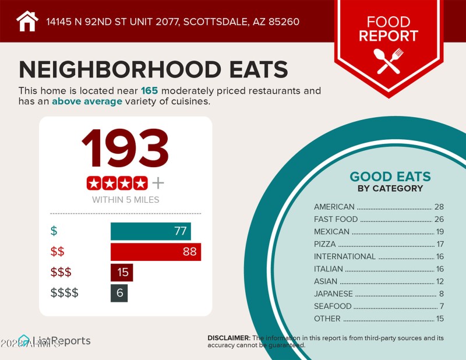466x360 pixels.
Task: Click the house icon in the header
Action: pos(27,21)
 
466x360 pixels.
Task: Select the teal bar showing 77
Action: pos(150,231)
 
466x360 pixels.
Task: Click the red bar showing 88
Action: pos(156,252)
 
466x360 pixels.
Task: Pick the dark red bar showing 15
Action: pos(122,272)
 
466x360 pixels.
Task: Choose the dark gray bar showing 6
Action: pos(119,292)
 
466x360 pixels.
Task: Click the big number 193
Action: pos(125,149)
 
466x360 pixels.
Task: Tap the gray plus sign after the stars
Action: pos(158,183)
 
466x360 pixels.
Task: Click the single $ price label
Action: pos(54,231)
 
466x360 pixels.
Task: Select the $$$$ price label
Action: pos(65,292)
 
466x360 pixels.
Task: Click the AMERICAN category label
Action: pos(334,207)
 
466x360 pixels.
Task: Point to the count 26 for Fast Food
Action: pos(439,220)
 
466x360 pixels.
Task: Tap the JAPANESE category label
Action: pos(333,294)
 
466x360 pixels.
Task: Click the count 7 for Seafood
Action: pos(442,306)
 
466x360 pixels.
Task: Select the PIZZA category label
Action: pos(324,244)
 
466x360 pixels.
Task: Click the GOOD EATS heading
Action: pos(390,177)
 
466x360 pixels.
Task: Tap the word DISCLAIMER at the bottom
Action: pos(228,338)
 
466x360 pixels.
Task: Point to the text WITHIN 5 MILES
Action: pos(125,200)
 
